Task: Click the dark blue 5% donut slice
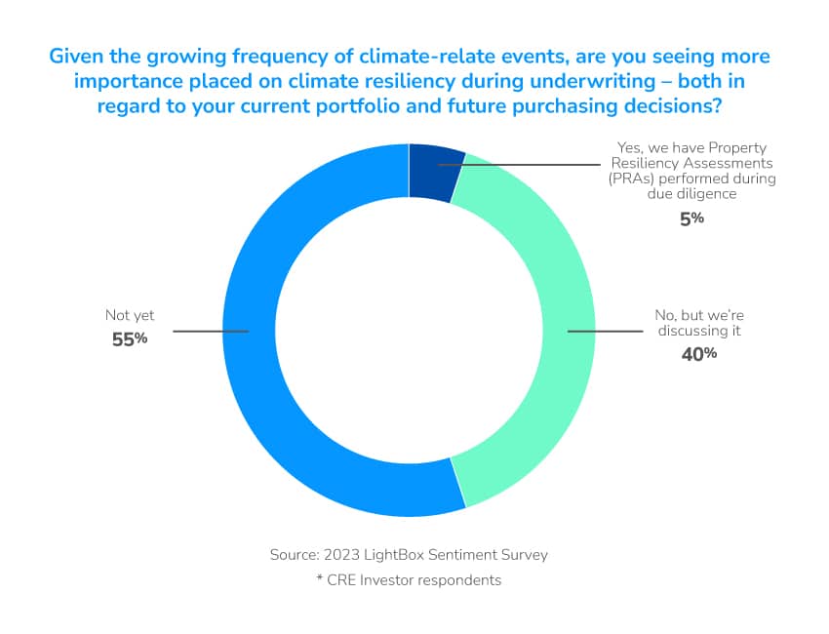point(435,172)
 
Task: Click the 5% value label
point(691,218)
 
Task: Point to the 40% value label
point(699,354)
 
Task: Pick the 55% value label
point(130,338)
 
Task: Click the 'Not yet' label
point(130,315)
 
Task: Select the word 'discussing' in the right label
point(692,331)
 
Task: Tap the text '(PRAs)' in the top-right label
point(631,178)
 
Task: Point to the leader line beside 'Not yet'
point(211,332)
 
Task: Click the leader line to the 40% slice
point(606,332)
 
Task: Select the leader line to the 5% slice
point(519,165)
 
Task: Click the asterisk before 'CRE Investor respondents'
point(319,577)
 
